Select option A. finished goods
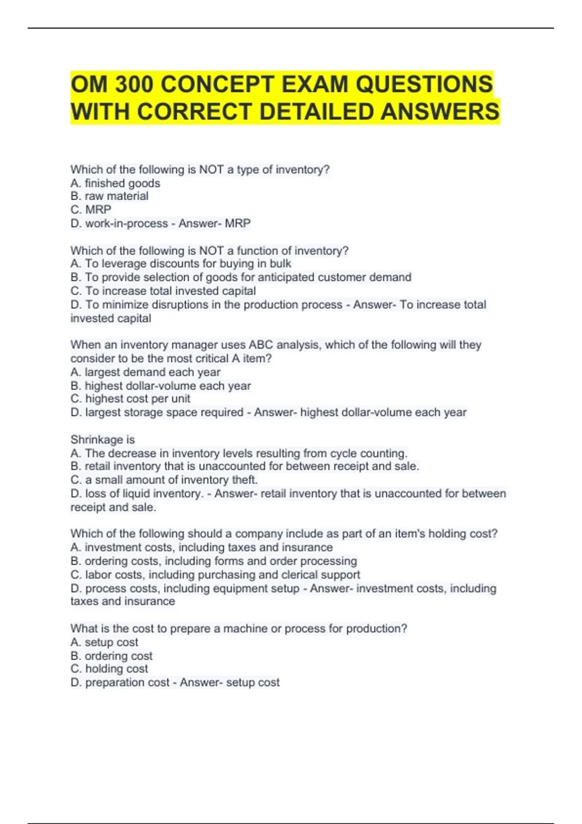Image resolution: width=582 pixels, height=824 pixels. tap(115, 183)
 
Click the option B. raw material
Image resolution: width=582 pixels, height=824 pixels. tap(110, 196)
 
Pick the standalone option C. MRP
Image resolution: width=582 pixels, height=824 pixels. tap(91, 209)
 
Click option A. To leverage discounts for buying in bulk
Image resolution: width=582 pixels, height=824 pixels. tap(181, 264)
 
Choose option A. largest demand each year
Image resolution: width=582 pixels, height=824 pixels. tap(145, 372)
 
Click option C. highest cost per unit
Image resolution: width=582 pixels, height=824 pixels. tap(130, 399)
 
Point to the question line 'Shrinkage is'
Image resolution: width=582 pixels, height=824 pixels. tap(103, 440)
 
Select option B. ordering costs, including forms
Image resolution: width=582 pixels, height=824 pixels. tap(213, 561)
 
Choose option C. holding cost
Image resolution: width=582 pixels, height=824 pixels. tap(110, 669)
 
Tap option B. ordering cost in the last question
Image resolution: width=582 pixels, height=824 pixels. tap(112, 656)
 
